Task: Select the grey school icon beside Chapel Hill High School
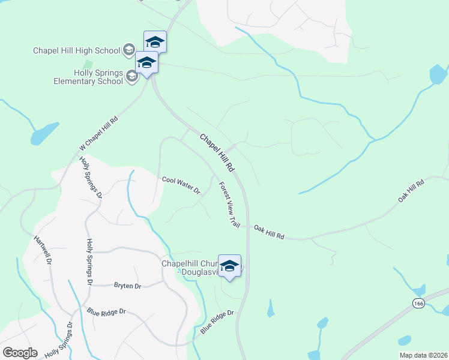[128, 50]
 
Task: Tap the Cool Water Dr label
[181, 185]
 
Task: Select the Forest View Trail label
[229, 205]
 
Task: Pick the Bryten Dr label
[127, 286]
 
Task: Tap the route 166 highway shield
[418, 304]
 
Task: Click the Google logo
[20, 353]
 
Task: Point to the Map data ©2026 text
[423, 355]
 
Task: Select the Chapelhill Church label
[189, 268]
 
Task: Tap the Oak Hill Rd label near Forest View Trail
[268, 232]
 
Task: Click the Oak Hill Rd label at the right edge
[411, 190]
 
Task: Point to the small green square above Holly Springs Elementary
[88, 64]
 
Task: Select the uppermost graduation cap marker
[155, 42]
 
